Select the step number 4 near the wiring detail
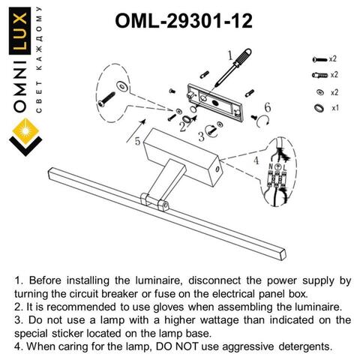pos(256,160)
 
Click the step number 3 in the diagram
pos(201,136)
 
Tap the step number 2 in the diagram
pos(182,126)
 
